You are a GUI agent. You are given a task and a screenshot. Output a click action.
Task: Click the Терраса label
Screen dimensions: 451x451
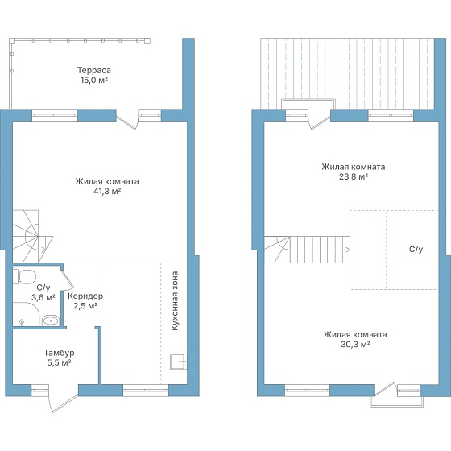pyautogui.click(x=93, y=71)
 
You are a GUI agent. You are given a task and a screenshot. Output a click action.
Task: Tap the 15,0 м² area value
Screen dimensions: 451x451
pyautogui.click(x=93, y=80)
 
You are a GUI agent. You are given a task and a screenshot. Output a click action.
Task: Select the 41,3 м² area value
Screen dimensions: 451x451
pyautogui.click(x=107, y=192)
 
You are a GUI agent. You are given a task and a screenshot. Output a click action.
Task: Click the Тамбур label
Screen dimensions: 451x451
pyautogui.click(x=60, y=353)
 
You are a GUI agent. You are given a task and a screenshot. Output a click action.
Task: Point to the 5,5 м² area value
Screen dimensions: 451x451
pyautogui.click(x=60, y=362)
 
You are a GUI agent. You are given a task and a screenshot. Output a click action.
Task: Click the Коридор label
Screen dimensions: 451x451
pyautogui.click(x=85, y=296)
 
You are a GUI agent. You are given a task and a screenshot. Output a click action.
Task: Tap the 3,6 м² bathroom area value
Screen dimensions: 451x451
pyautogui.click(x=43, y=297)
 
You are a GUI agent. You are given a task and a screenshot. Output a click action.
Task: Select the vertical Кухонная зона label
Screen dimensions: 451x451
pyautogui.click(x=175, y=301)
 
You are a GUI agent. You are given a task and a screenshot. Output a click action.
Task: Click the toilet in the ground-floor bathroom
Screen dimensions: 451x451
pyautogui.click(x=25, y=277)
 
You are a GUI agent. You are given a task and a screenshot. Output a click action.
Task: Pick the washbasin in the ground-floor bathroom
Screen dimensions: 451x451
pyautogui.click(x=51, y=321)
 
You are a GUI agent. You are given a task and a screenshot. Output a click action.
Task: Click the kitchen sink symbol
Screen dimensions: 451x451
pyautogui.click(x=178, y=362)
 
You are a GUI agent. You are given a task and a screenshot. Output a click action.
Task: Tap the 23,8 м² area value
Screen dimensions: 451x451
pyautogui.click(x=354, y=176)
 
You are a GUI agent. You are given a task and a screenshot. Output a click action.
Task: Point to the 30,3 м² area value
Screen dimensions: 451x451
pyautogui.click(x=355, y=345)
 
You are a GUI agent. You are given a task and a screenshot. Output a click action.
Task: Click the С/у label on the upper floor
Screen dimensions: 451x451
pyautogui.click(x=416, y=250)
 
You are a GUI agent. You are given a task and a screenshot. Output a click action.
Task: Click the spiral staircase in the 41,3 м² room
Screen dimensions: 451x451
pyautogui.click(x=32, y=237)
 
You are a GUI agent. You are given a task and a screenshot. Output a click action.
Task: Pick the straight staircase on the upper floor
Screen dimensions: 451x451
pyautogui.click(x=307, y=250)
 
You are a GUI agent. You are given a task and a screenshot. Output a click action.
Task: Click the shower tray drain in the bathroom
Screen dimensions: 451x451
pyautogui.click(x=21, y=321)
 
